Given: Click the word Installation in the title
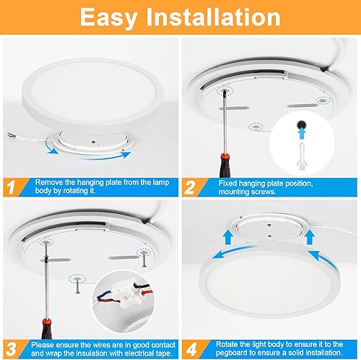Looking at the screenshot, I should tap(219, 17).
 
